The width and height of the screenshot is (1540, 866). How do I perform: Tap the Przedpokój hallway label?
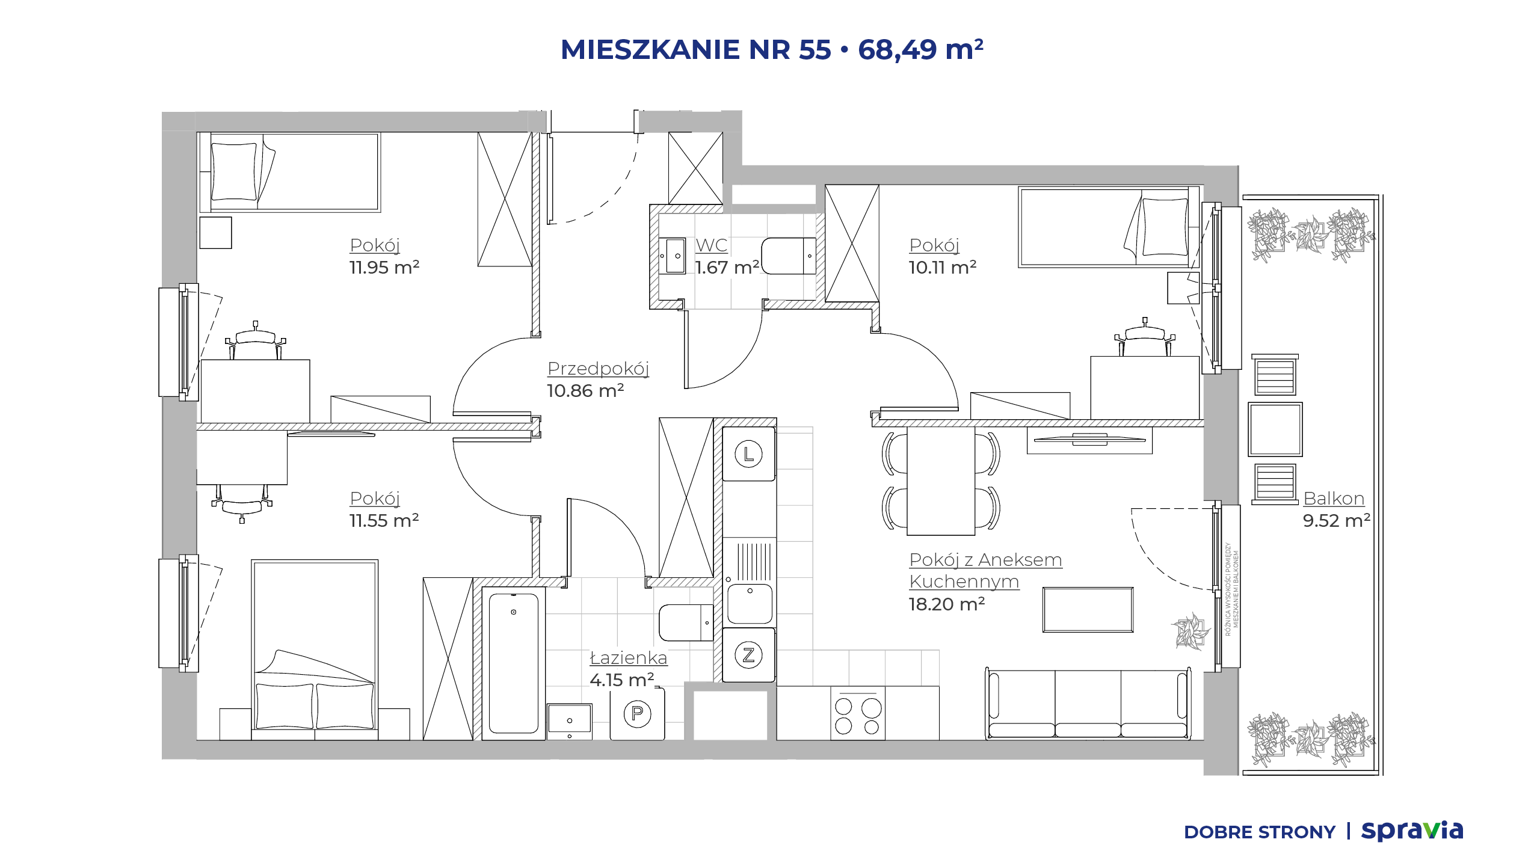click(598, 368)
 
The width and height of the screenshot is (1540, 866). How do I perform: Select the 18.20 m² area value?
click(946, 604)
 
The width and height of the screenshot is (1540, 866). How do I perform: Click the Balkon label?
click(1334, 498)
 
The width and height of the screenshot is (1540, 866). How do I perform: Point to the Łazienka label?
click(629, 657)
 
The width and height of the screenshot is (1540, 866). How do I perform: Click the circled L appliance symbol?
click(748, 454)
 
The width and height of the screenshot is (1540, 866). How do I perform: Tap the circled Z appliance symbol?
click(748, 655)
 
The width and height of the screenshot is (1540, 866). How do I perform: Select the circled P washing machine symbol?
click(637, 714)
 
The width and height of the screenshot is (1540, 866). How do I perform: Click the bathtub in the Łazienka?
click(513, 663)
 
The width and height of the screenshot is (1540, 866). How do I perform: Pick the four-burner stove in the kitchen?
click(858, 713)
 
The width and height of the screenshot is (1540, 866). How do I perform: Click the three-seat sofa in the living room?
click(1088, 703)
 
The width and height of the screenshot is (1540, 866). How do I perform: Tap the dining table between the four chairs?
click(941, 481)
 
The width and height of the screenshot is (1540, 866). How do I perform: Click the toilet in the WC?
click(789, 256)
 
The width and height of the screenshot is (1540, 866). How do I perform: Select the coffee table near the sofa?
click(1088, 610)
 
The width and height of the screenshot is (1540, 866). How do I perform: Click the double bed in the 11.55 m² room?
click(315, 649)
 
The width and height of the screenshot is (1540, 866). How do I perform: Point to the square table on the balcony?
click(1275, 429)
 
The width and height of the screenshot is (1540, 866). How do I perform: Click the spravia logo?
click(1412, 831)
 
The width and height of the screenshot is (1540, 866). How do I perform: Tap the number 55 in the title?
click(815, 49)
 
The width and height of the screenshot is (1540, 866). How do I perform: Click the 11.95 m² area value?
click(384, 267)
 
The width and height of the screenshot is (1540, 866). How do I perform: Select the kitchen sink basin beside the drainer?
click(750, 604)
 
